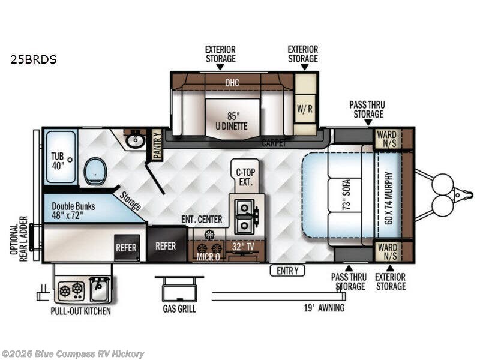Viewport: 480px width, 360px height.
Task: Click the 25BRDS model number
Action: click(x=34, y=59)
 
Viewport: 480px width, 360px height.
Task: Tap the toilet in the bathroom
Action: click(x=95, y=171)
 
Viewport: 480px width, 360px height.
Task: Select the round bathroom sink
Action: click(x=136, y=140)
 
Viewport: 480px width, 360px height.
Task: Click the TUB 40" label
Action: click(x=58, y=161)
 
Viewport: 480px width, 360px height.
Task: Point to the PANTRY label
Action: click(x=157, y=144)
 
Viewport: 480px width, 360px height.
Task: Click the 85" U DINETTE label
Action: click(x=232, y=121)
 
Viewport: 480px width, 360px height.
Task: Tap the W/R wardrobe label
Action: click(x=305, y=109)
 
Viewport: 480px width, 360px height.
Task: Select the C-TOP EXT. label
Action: click(x=245, y=177)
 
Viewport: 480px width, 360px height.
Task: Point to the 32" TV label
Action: click(x=243, y=247)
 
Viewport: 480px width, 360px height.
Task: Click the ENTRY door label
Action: click(x=287, y=271)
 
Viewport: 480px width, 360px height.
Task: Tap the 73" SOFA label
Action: click(x=346, y=194)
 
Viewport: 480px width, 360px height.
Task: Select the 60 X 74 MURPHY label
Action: click(x=388, y=198)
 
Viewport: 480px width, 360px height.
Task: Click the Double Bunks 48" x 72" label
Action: click(x=73, y=211)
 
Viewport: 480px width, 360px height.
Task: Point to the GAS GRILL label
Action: click(x=179, y=308)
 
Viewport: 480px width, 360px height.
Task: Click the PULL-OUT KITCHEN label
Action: click(x=81, y=311)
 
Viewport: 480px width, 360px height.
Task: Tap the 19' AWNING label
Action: click(x=324, y=308)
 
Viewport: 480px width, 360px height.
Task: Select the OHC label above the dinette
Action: click(x=232, y=82)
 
